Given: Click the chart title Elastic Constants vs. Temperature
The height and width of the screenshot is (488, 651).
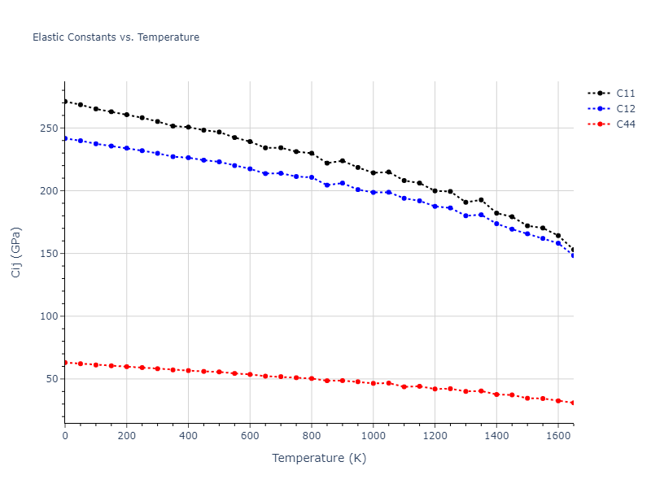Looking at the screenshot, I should click(116, 37).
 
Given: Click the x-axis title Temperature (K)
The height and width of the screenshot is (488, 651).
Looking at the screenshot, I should click(319, 458).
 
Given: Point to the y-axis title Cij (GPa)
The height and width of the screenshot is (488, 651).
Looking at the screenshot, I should click(17, 252).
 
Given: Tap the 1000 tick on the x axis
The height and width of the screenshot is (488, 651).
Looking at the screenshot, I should click(373, 435).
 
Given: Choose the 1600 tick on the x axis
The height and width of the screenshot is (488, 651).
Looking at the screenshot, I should click(558, 435).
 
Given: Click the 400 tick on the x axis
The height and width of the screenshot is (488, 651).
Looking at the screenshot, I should click(188, 435).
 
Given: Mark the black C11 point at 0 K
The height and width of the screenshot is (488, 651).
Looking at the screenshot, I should click(65, 102).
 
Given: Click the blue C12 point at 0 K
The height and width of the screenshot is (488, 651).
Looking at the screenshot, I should click(65, 138).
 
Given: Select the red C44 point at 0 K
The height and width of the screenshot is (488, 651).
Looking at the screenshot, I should click(65, 363).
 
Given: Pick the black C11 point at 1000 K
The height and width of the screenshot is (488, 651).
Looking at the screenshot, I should click(373, 172).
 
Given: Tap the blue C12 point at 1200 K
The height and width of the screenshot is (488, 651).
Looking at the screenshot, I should click(435, 207).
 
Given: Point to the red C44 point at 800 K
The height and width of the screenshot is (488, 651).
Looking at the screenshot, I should click(312, 378).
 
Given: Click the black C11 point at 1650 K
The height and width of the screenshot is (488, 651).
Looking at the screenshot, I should click(573, 250).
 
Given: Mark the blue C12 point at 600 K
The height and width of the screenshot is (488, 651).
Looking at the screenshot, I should click(250, 169).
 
